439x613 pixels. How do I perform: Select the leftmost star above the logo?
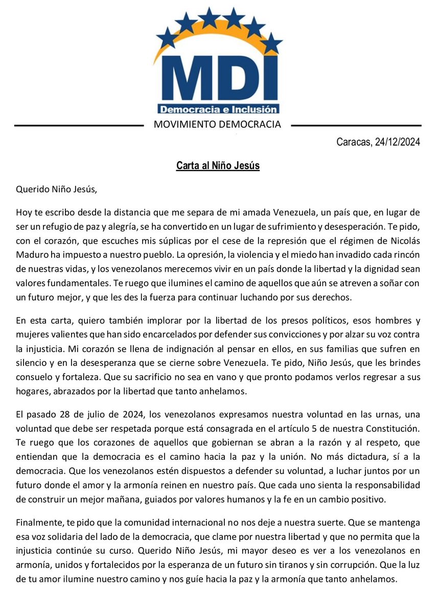(x=167, y=37)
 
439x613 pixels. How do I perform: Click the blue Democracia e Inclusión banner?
(x=219, y=109)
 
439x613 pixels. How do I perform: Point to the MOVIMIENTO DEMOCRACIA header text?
(x=220, y=124)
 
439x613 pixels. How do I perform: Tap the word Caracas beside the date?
(x=354, y=143)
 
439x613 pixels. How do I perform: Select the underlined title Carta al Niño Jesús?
(x=218, y=167)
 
